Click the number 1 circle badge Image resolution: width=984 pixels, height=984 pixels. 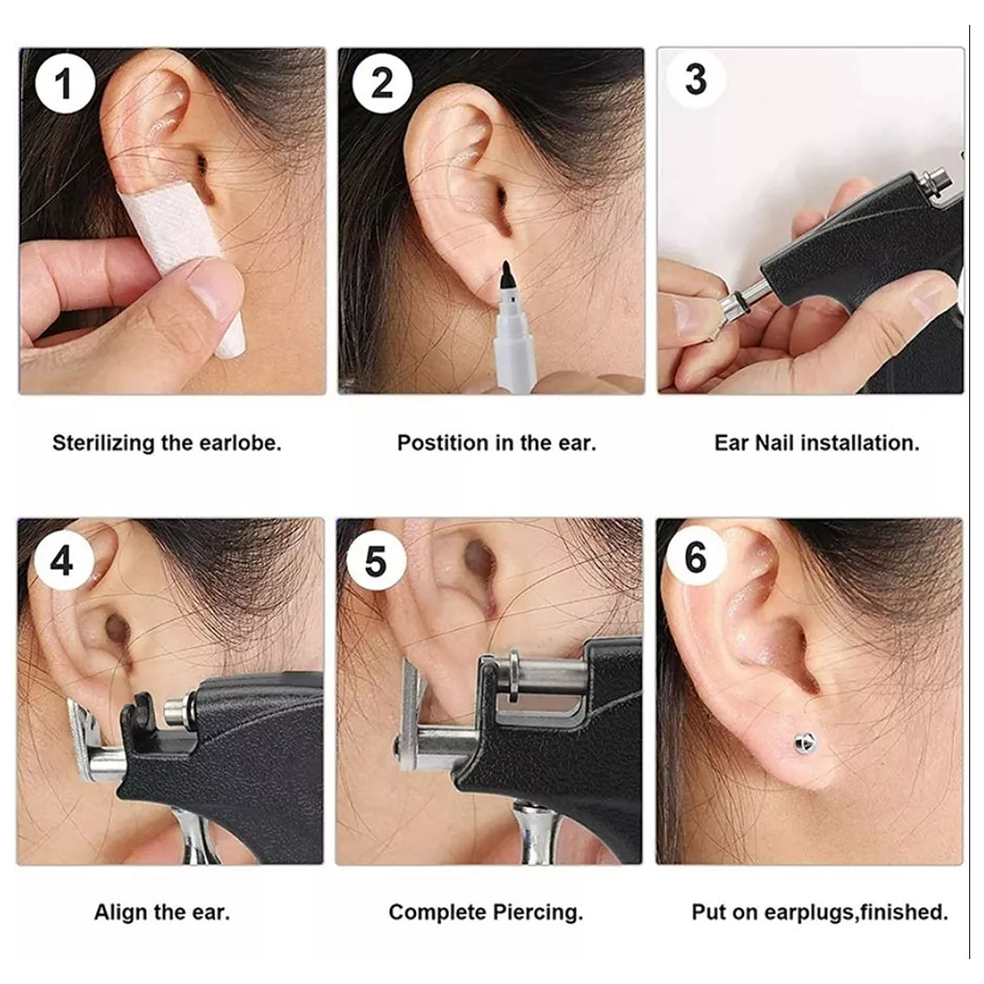coord(62,85)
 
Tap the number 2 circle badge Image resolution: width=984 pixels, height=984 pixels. coord(382,83)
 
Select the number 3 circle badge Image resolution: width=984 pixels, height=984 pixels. coord(696,79)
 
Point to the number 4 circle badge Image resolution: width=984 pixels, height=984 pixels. coord(62,561)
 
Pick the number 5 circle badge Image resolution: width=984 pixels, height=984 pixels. coord(375,561)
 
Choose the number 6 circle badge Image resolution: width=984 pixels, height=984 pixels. coord(696,558)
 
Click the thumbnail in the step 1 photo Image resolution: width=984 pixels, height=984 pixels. coord(211,285)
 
